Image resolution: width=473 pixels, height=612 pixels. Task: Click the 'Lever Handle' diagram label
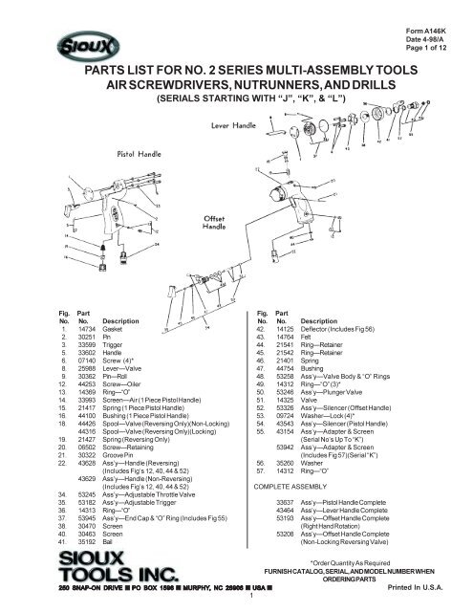coord(236,124)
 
